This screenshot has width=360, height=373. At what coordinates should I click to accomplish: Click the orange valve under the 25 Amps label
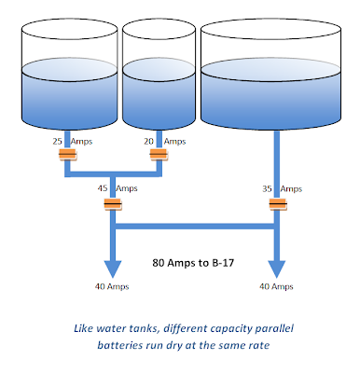pyautogui.click(x=67, y=154)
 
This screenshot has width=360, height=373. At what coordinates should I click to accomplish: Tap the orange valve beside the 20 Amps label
pyautogui.click(x=159, y=154)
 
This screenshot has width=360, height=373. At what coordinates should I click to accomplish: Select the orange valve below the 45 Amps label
pyautogui.click(x=113, y=204)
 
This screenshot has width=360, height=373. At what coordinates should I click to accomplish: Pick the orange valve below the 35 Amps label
pyautogui.click(x=278, y=204)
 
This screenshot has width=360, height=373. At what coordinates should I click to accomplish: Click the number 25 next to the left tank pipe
pyautogui.click(x=58, y=142)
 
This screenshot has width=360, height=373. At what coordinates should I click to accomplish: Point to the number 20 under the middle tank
pyautogui.click(x=148, y=142)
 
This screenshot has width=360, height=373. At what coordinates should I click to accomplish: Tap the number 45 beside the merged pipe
pyautogui.click(x=103, y=188)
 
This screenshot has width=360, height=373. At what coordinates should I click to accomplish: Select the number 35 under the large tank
pyautogui.click(x=267, y=188)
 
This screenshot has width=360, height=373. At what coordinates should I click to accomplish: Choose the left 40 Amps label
pyautogui.click(x=112, y=286)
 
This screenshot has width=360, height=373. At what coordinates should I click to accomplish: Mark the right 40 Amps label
pyautogui.click(x=276, y=286)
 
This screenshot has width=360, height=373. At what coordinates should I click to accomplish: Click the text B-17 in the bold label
pyautogui.click(x=223, y=263)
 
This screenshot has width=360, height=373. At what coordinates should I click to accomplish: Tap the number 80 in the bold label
pyautogui.click(x=159, y=263)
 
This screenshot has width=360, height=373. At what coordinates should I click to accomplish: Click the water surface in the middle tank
pyautogui.click(x=159, y=69)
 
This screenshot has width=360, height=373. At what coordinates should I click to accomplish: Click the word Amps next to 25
pyautogui.click(x=81, y=142)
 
